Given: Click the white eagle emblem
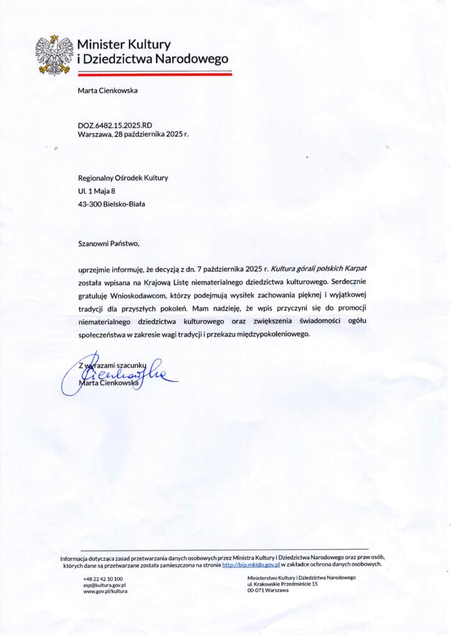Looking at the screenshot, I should tap(54, 54).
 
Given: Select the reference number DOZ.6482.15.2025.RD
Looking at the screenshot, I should tap(115, 125).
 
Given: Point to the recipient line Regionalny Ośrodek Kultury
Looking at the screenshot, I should tap(123, 178).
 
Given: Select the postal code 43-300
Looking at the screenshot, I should tap(90, 203).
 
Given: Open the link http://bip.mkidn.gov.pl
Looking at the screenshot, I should tap(251, 565).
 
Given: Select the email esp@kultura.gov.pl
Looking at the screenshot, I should tap(105, 585).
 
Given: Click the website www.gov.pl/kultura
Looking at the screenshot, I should tap(105, 592).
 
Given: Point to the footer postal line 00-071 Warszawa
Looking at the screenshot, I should tap(268, 590).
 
